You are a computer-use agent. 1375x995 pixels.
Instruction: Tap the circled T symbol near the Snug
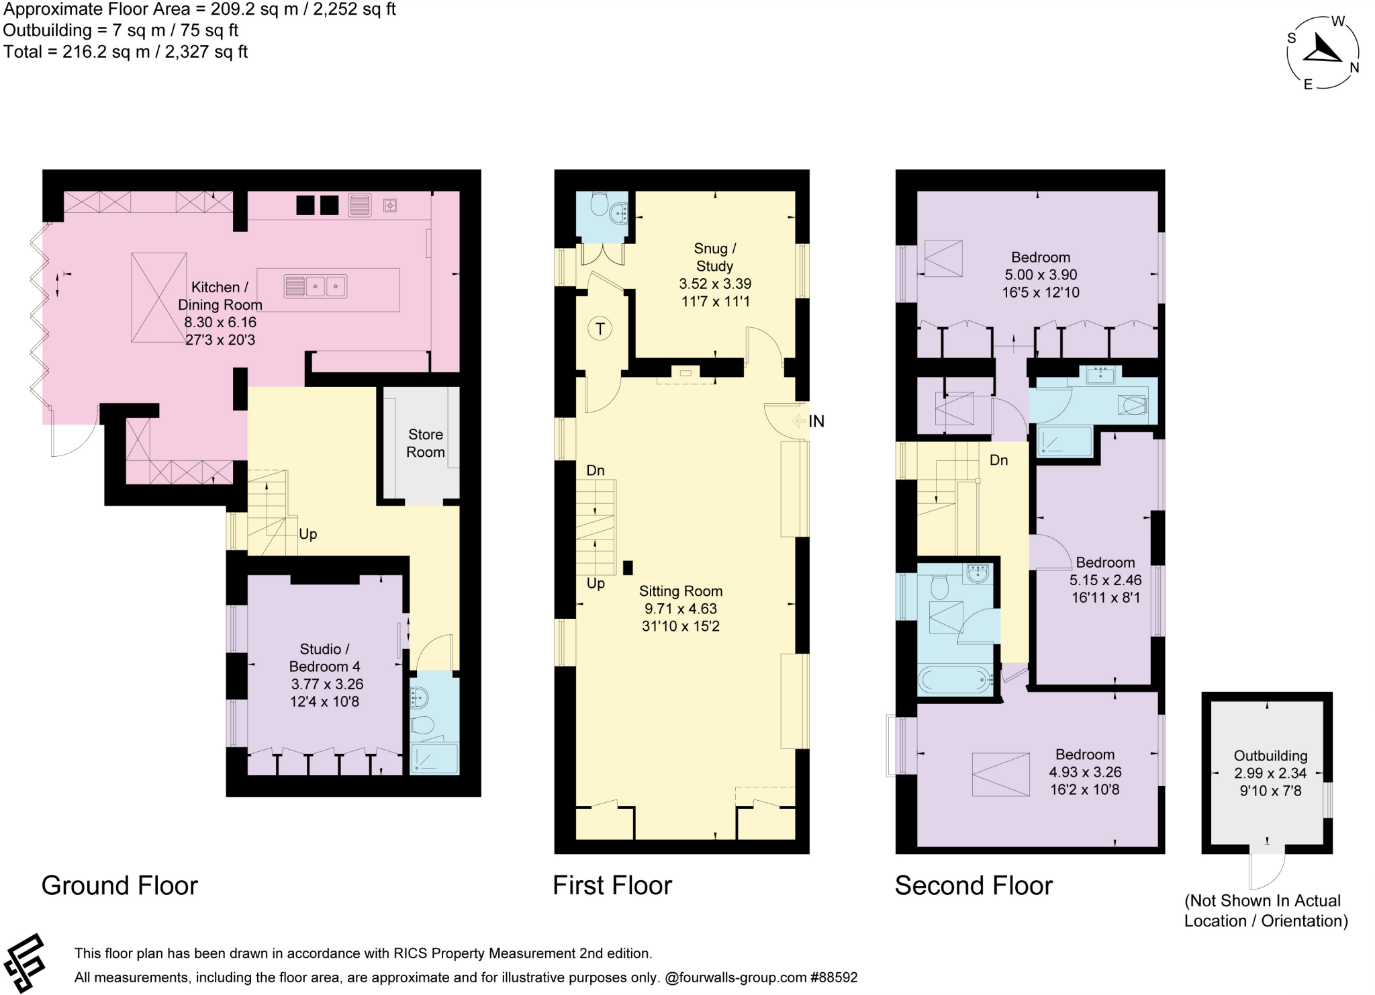click(x=600, y=329)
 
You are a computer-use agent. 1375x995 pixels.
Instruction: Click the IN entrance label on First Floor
click(x=816, y=421)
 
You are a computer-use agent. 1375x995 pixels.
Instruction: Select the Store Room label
click(x=426, y=443)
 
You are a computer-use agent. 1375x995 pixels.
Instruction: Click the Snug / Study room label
click(x=714, y=257)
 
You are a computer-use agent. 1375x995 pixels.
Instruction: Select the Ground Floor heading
click(x=120, y=885)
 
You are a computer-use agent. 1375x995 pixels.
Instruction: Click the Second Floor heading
click(x=974, y=885)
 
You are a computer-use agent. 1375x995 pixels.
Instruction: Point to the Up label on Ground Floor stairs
click(x=307, y=534)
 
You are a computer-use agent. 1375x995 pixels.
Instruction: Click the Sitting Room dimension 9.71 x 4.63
click(x=681, y=609)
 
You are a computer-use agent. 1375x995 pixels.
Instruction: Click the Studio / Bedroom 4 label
click(x=324, y=658)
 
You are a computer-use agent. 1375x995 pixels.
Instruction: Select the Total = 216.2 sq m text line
click(x=126, y=52)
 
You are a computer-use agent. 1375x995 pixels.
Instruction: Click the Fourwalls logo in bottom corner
click(x=24, y=963)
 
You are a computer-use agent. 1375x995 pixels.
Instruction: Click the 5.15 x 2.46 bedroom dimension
click(x=1105, y=580)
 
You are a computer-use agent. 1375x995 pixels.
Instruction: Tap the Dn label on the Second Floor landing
click(x=998, y=460)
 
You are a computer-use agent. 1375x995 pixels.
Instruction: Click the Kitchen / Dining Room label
click(x=220, y=296)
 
